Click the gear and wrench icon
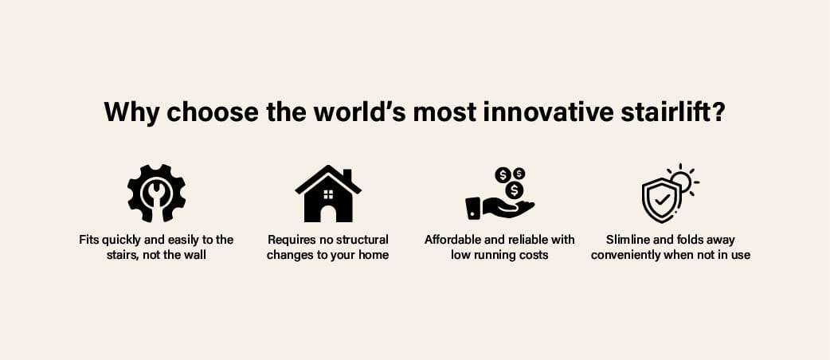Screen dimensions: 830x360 tap(156, 194)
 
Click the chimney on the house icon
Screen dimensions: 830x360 tap(347, 175)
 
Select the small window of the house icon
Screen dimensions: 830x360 tap(328, 194)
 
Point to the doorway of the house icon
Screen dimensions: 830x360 tap(328, 214)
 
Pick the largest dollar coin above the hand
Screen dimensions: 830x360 tap(513, 190)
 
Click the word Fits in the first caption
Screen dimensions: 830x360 tap(89, 240)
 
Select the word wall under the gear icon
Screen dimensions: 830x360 tap(196, 255)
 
